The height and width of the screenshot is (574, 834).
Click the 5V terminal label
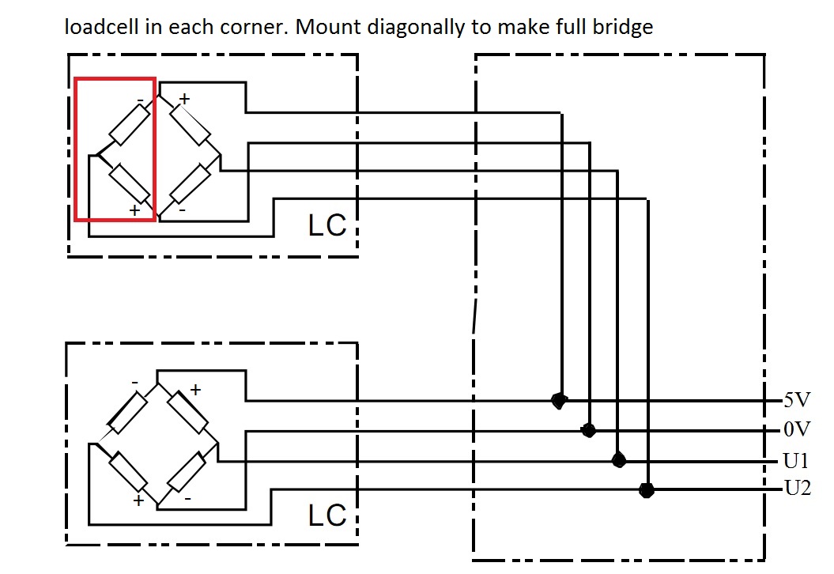(796, 400)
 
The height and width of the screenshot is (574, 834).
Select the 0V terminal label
(796, 430)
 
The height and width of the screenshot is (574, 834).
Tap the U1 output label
(797, 460)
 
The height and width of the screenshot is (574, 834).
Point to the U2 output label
(797, 489)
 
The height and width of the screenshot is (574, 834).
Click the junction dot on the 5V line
(559, 401)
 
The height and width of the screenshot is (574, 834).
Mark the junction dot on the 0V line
(588, 430)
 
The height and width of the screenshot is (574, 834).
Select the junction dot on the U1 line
(618, 460)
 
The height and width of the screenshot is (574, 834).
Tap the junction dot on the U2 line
(647, 489)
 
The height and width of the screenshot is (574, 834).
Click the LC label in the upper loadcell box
(326, 225)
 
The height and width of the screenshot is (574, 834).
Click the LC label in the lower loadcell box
(326, 515)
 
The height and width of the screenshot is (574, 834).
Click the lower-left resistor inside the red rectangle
(129, 184)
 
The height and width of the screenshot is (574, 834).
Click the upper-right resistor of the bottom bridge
(191, 412)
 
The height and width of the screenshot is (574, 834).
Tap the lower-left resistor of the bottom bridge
(128, 472)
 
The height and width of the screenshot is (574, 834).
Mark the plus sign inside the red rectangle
(135, 210)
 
